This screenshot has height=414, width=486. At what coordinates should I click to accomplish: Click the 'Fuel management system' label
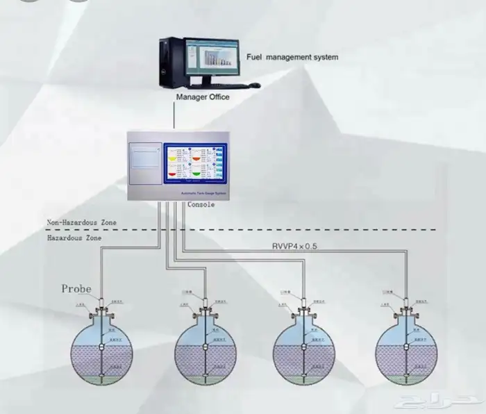[293, 57]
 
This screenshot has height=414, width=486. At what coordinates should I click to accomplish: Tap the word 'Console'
[201, 205]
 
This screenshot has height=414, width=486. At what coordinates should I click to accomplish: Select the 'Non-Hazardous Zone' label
[82, 222]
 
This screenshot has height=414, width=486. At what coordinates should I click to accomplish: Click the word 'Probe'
[76, 288]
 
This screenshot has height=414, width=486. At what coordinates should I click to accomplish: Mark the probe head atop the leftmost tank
[102, 304]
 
